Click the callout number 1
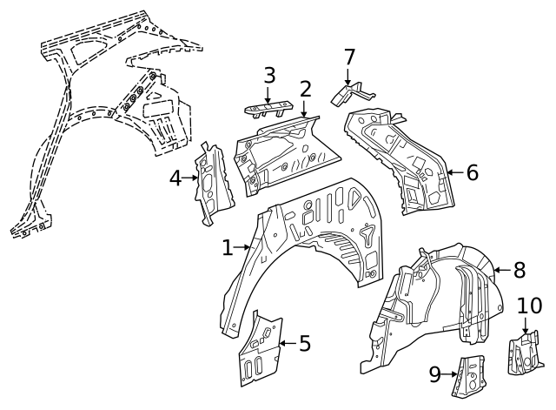click(228, 248)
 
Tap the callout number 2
click(305, 88)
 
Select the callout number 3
click(269, 75)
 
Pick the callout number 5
click(304, 343)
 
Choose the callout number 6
click(472, 172)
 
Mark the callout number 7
click(349, 57)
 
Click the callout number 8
click(520, 270)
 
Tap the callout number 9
click(435, 375)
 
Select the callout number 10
click(529, 305)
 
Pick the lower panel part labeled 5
click(258, 348)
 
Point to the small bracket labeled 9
click(468, 375)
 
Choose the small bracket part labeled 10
click(525, 353)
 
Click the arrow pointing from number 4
click(191, 178)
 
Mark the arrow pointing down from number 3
click(269, 94)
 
